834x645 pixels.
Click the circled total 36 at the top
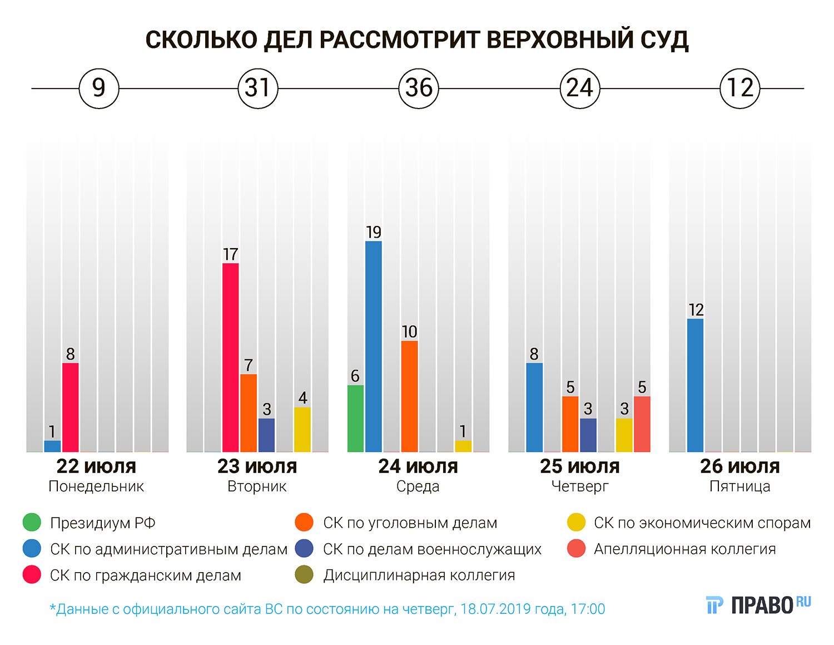(419, 88)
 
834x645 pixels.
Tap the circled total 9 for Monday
(99, 88)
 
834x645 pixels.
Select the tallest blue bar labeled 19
(374, 346)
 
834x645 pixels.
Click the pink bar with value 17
(231, 357)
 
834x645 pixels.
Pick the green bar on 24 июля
(355, 418)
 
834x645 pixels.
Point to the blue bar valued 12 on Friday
(695, 385)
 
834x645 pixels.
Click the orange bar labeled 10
(409, 396)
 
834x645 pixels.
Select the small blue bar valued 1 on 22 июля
(52, 446)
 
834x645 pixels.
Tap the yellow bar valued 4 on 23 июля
(302, 429)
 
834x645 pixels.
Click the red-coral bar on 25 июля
(642, 424)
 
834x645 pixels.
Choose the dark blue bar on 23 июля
(267, 435)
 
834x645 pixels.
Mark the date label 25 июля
(579, 466)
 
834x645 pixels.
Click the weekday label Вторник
(257, 486)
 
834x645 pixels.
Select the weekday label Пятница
(739, 486)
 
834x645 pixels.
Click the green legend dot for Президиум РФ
(32, 523)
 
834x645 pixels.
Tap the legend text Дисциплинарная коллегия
(419, 575)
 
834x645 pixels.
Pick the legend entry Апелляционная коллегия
(684, 549)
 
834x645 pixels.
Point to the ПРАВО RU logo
(758, 604)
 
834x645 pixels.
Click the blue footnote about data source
(327, 609)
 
